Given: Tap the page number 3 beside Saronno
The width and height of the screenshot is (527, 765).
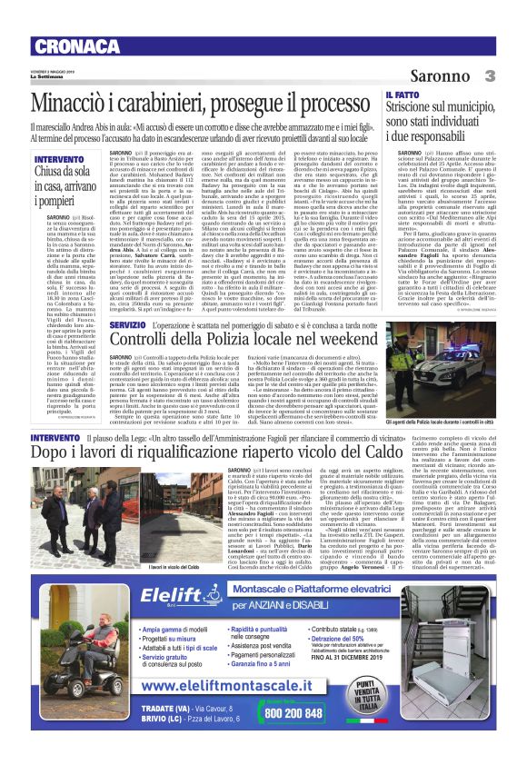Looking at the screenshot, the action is tap(489, 77).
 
